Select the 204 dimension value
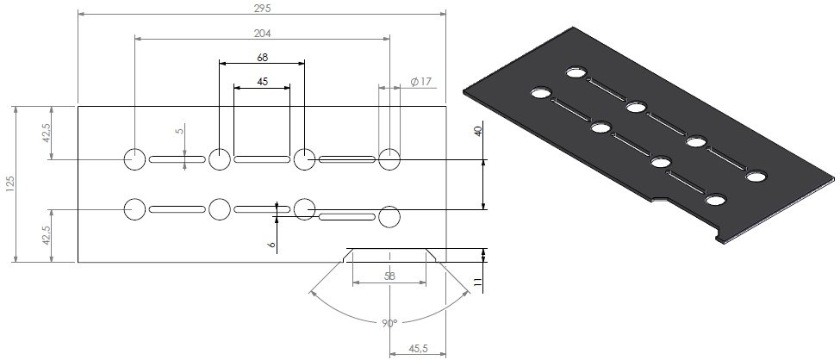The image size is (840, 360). coord(262,34)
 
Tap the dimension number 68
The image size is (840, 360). coord(262,58)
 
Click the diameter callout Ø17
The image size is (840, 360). coord(421,82)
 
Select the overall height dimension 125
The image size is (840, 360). coord(9,184)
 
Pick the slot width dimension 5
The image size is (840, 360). coord(179,131)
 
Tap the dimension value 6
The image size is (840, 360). coord(271,245)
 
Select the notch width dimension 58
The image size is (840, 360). coord(389,276)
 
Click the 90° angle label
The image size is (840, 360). coord(389,323)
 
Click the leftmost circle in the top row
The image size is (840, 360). coord(134,159)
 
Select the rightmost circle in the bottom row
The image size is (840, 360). coord(389,217)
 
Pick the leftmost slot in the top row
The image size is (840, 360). coord(177,160)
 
